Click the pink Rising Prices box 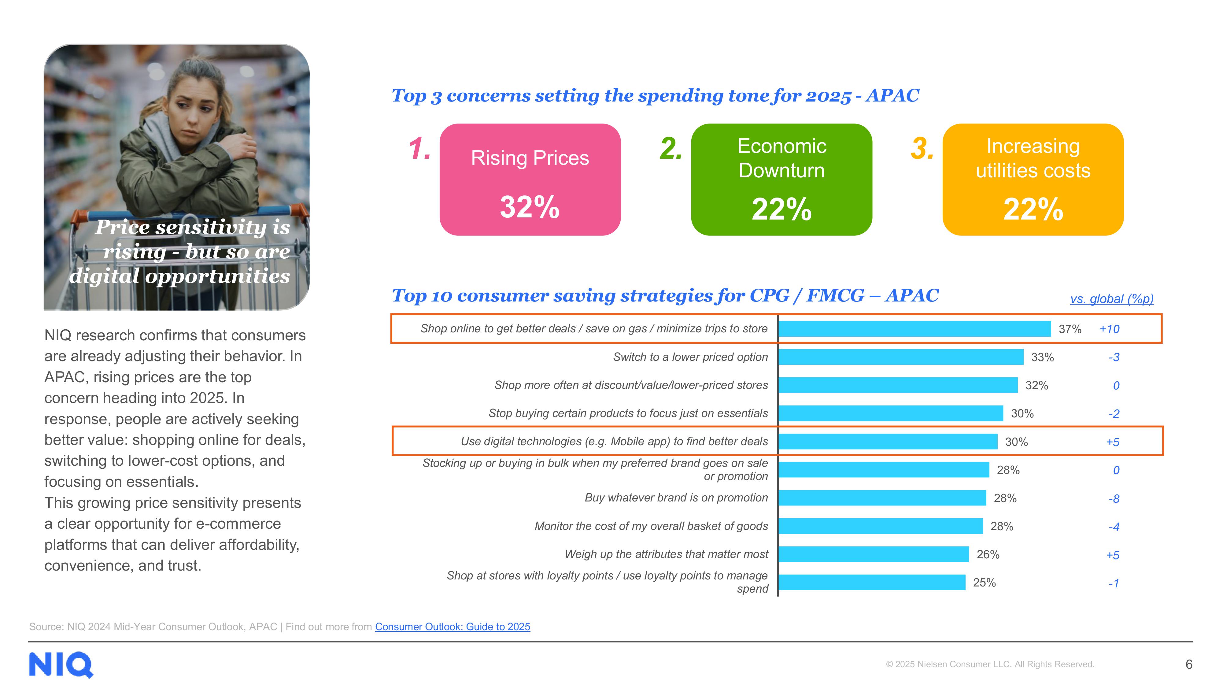(530, 179)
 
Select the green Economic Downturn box (781, 179)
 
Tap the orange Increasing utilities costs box (1033, 179)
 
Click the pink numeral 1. (420, 148)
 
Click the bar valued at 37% (915, 329)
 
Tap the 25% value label (984, 583)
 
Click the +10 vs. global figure (1110, 329)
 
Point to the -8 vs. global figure (1114, 498)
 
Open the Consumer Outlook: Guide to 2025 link (453, 627)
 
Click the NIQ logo (61, 665)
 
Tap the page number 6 (1189, 664)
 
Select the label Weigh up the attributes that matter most (666, 554)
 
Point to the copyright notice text (990, 664)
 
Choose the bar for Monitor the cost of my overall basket (881, 526)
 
